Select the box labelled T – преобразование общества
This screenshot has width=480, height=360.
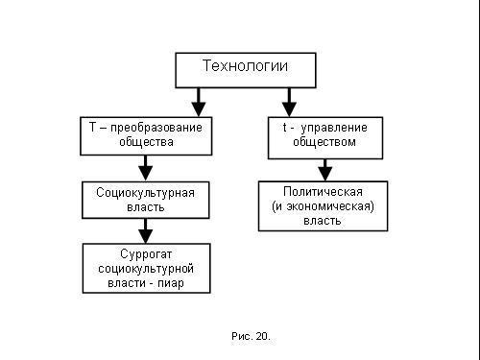coord(145,135)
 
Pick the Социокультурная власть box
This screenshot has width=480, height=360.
coord(145,200)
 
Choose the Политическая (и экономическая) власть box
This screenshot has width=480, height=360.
coord(324,205)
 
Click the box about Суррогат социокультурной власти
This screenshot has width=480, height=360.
coord(145,269)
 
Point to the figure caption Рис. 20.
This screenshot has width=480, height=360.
coord(252,337)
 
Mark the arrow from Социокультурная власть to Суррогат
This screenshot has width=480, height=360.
coord(146,231)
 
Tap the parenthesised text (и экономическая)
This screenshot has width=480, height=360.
coord(323,205)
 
